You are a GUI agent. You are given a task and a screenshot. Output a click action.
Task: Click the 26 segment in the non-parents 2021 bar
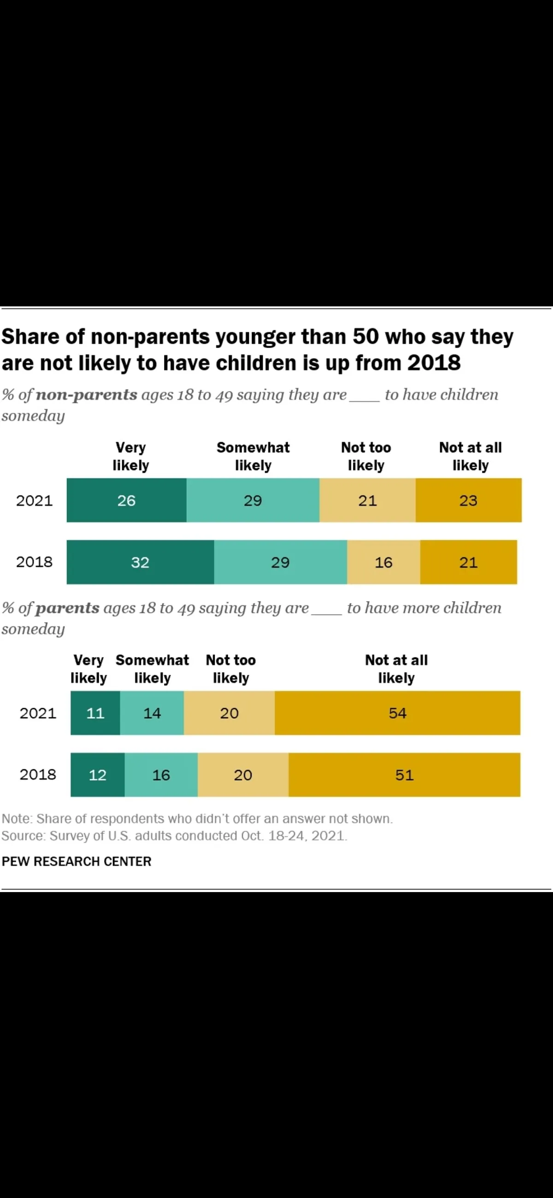(x=126, y=500)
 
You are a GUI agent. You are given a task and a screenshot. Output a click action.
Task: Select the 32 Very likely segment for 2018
(x=140, y=562)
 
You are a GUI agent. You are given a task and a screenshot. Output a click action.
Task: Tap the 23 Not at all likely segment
(x=468, y=500)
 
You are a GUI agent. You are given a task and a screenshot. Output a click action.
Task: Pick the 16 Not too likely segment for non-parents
(x=384, y=562)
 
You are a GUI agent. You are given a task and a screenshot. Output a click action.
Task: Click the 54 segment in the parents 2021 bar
(x=397, y=713)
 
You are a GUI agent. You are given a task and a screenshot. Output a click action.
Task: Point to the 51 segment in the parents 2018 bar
(x=404, y=775)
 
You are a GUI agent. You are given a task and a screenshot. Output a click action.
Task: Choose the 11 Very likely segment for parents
(x=95, y=713)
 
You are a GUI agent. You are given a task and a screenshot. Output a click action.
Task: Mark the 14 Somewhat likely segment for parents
(x=152, y=713)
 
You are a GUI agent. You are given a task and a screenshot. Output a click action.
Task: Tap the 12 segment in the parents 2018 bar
(x=98, y=775)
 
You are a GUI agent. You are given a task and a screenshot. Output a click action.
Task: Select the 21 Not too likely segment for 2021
(x=367, y=500)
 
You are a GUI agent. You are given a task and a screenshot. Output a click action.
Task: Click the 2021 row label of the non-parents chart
(x=35, y=500)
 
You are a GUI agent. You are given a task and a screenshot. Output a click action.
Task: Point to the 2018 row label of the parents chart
(x=38, y=775)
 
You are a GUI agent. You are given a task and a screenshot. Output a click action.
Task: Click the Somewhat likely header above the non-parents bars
(x=253, y=456)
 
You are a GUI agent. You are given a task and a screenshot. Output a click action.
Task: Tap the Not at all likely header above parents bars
(x=396, y=669)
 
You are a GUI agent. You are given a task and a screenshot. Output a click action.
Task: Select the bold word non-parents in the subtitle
(x=87, y=395)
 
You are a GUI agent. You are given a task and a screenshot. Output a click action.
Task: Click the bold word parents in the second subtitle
(x=67, y=608)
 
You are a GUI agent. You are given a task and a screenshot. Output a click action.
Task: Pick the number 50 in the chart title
(x=365, y=337)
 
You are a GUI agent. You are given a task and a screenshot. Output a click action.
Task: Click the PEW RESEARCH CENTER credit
(x=77, y=861)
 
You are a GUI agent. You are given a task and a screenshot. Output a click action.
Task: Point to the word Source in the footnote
(x=22, y=836)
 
